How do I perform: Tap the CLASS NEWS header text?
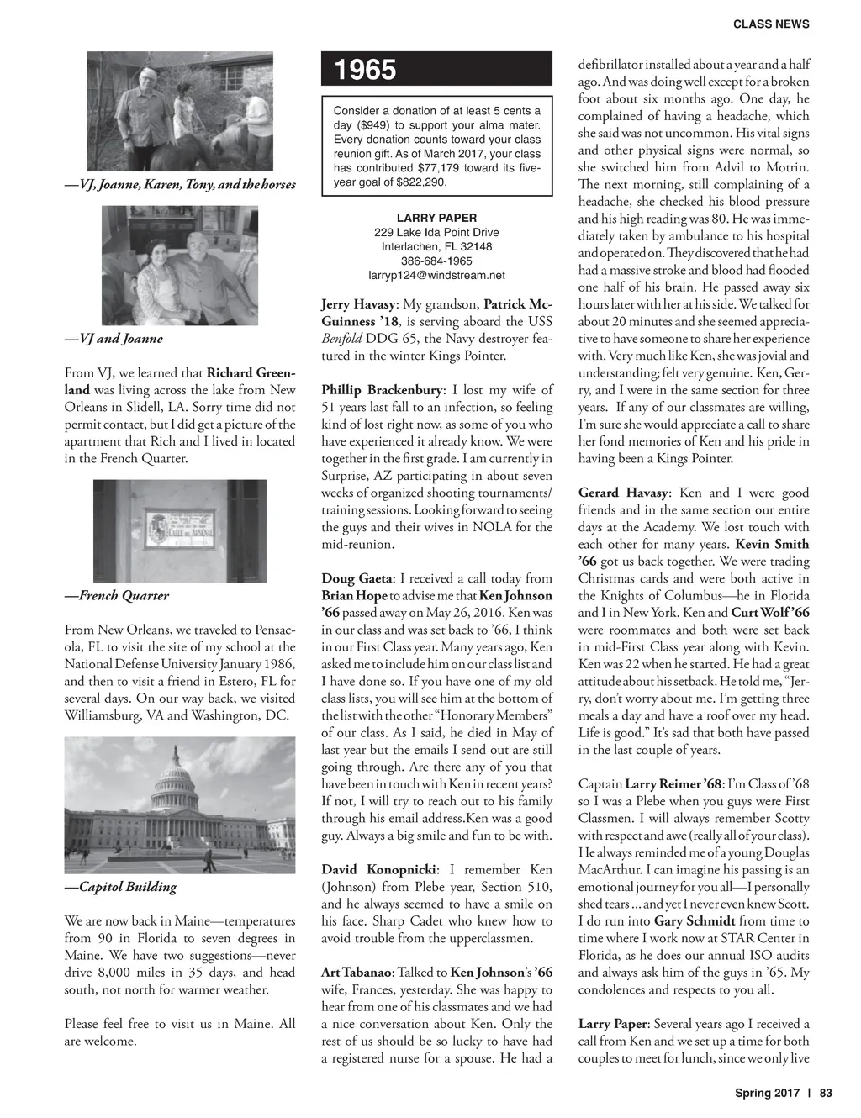[x=771, y=24]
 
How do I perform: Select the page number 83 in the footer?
[x=825, y=1094]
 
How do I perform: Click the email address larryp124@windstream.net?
[x=436, y=275]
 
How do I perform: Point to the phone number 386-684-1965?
[x=436, y=261]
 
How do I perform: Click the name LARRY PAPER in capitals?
[x=436, y=218]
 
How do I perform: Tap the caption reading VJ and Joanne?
[x=114, y=339]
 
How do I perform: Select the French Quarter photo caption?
[x=117, y=596]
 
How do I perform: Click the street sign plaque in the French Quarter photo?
[x=180, y=526]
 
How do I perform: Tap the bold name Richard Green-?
[x=251, y=372]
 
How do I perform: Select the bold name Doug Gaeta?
[x=357, y=578]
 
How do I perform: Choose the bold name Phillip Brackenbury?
[x=381, y=390]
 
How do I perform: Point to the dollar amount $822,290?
[x=418, y=182]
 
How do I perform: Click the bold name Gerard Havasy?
[x=621, y=493]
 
